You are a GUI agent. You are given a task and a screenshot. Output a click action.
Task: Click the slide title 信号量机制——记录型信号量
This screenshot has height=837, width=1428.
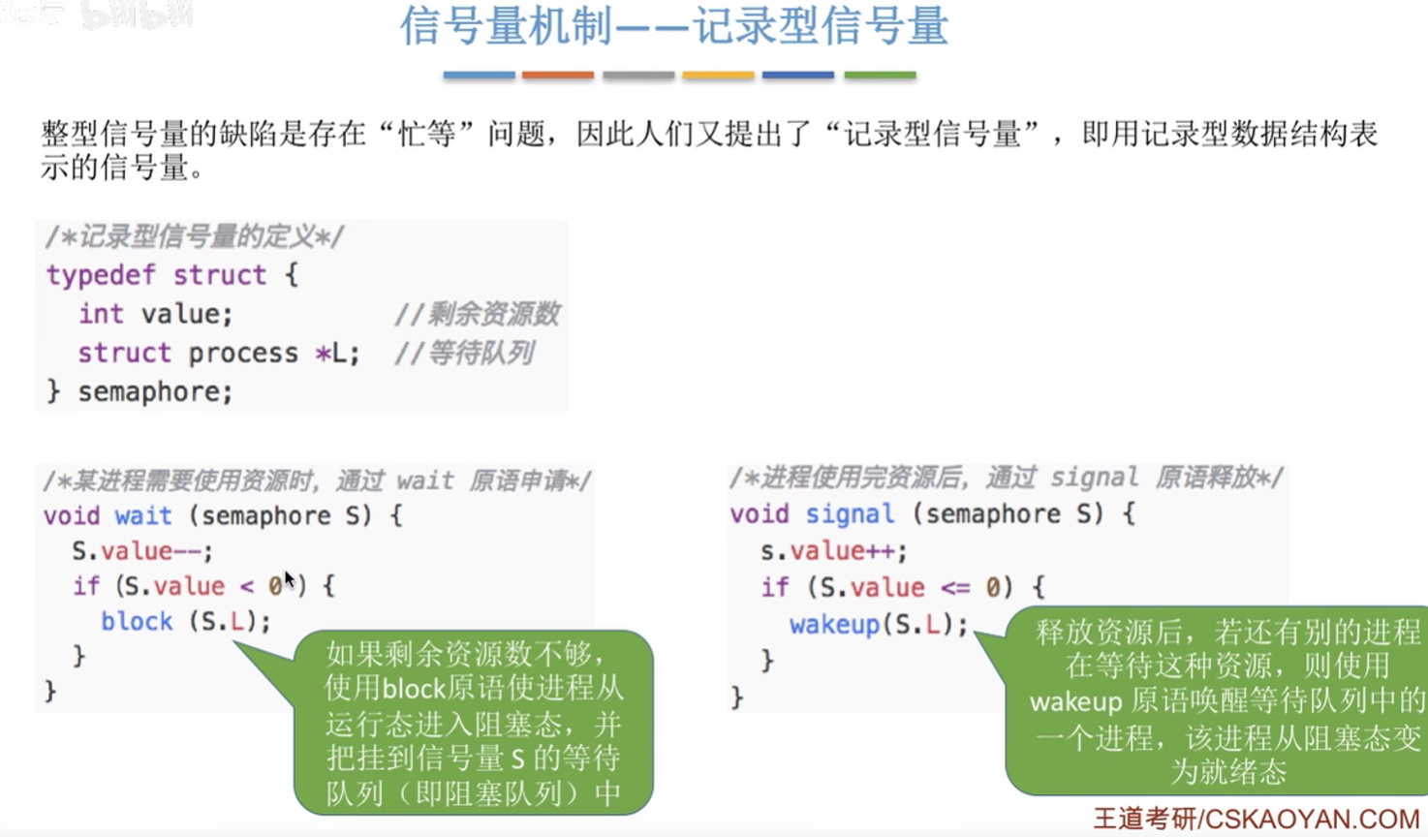tap(674, 27)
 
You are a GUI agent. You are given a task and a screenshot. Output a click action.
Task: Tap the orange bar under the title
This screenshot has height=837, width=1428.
tap(558, 76)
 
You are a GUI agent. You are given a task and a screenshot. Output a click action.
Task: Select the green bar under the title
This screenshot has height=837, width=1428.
tap(881, 76)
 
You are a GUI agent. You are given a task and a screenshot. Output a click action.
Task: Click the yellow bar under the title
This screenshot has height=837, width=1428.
tap(719, 76)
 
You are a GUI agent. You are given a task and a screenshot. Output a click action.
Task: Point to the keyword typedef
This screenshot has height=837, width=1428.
tap(101, 275)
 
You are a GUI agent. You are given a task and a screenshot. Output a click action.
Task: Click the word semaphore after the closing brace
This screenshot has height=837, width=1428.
tap(155, 391)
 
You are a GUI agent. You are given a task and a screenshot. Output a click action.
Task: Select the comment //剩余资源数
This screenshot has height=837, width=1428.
tap(477, 314)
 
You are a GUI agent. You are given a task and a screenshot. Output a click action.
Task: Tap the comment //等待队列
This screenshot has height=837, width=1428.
tap(464, 353)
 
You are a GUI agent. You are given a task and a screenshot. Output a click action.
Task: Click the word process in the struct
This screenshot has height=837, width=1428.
tap(243, 354)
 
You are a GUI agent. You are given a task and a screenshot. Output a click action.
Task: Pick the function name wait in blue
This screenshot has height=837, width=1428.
tap(143, 515)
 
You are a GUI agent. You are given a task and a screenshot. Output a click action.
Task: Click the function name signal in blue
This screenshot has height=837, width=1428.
tap(850, 513)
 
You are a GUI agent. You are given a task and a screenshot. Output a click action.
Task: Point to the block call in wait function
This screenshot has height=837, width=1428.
tap(185, 622)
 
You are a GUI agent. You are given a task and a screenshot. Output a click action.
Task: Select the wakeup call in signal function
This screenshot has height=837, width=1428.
tap(879, 625)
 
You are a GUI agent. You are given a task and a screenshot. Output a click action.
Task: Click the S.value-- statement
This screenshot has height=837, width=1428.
tap(141, 551)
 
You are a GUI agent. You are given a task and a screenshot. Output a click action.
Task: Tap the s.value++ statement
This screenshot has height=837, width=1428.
tap(833, 551)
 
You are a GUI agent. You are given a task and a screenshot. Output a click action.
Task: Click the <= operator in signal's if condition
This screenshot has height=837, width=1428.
tap(955, 587)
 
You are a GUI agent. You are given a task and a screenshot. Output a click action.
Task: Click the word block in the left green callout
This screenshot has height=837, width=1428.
tap(413, 689)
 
